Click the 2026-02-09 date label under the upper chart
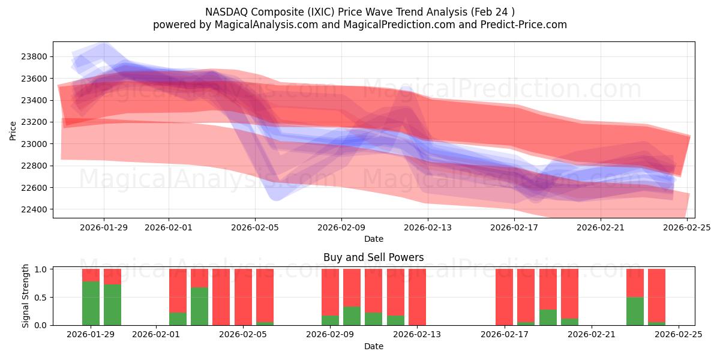click(341, 227)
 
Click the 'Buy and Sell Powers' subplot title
click(373, 257)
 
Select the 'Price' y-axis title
click(13, 130)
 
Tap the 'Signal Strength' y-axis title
click(25, 296)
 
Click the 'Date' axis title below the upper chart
click(373, 239)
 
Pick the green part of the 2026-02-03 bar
click(199, 307)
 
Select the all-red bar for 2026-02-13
click(417, 297)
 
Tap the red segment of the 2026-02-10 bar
click(352, 288)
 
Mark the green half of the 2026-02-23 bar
click(635, 311)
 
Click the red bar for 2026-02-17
click(504, 297)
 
